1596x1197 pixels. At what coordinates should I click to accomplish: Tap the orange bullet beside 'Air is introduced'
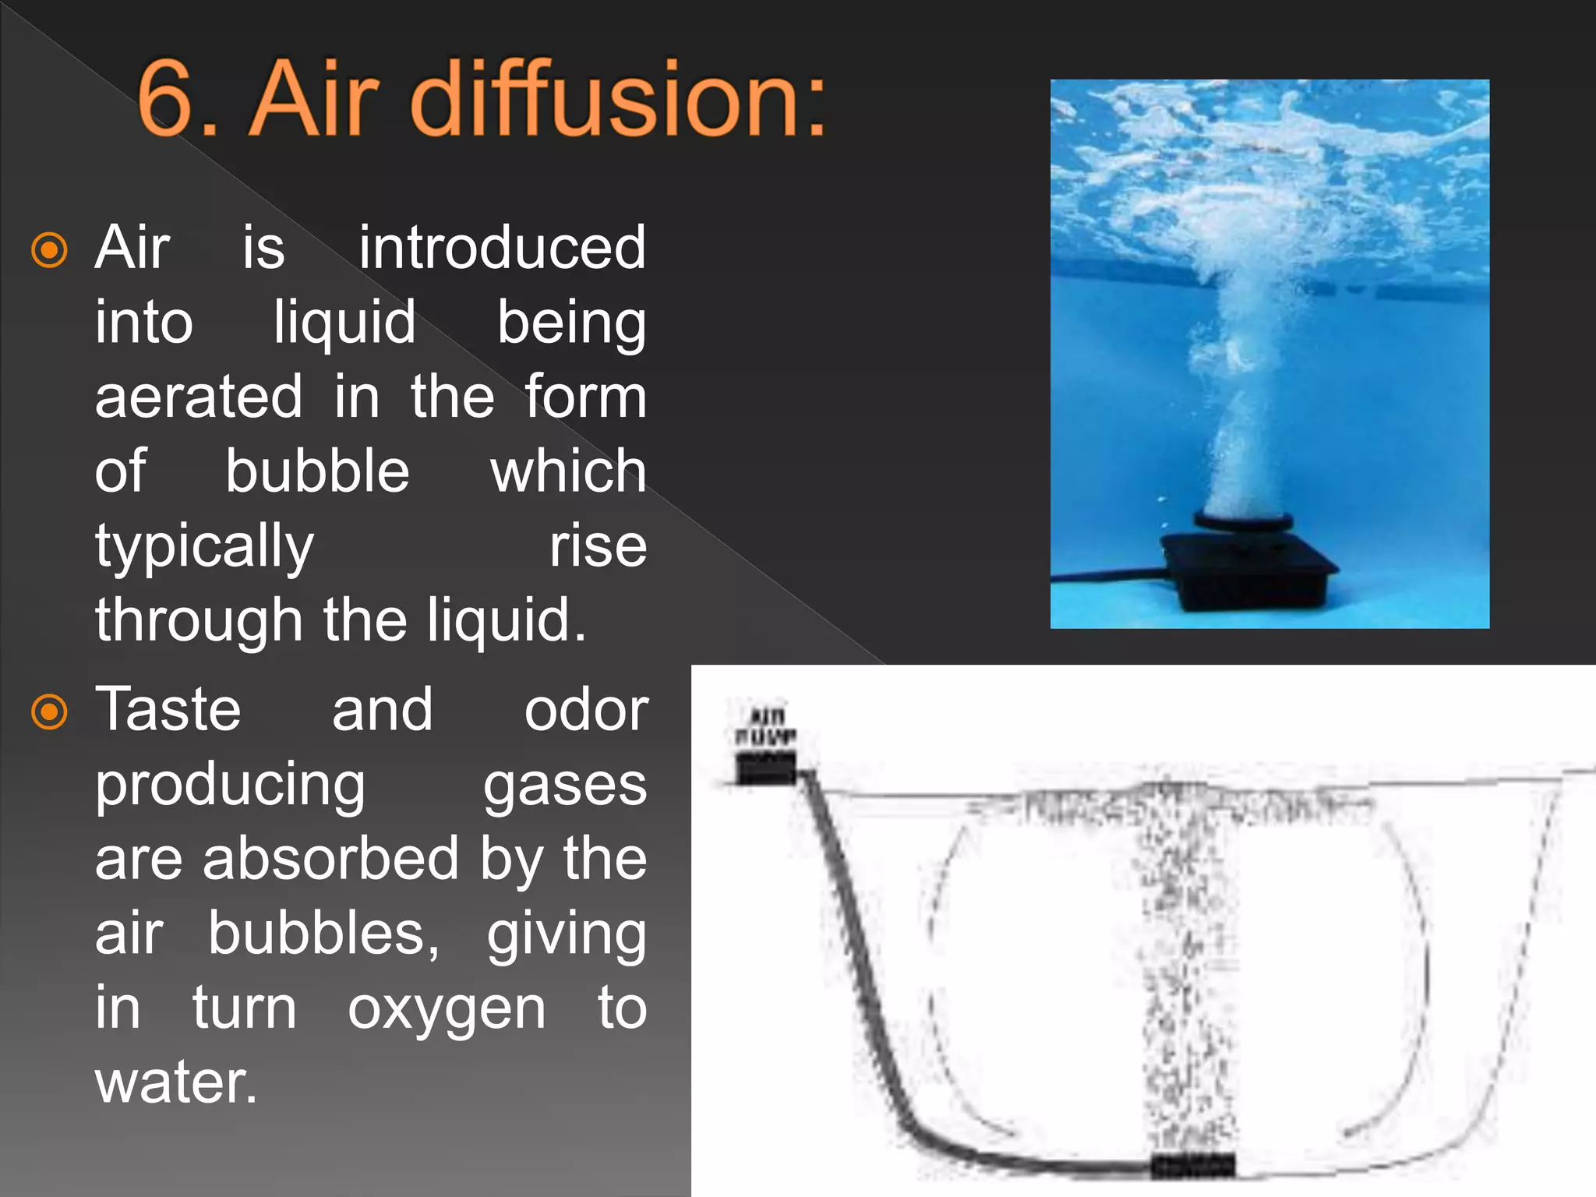tap(49, 250)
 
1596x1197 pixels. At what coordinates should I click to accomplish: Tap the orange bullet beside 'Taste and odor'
tap(49, 711)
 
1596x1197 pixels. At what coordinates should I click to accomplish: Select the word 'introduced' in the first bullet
tap(502, 248)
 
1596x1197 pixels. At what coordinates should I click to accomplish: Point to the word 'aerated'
tap(199, 397)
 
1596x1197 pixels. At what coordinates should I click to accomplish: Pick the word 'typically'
tap(204, 547)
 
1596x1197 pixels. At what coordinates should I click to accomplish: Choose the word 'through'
tap(199, 620)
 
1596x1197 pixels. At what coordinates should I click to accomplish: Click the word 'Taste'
tap(168, 710)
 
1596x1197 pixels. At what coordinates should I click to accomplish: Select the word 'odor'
tap(585, 710)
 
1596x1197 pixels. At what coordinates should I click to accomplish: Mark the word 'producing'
tap(230, 786)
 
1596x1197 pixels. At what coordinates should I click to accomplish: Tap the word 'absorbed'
tap(330, 859)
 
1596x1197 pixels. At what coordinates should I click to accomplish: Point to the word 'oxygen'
tap(447, 1009)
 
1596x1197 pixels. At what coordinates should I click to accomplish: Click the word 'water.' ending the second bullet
tap(176, 1082)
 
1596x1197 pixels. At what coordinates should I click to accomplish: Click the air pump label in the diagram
tap(765, 726)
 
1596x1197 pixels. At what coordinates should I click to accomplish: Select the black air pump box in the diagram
tap(766, 768)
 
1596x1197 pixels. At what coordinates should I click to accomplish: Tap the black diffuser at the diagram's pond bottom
tap(1192, 1166)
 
